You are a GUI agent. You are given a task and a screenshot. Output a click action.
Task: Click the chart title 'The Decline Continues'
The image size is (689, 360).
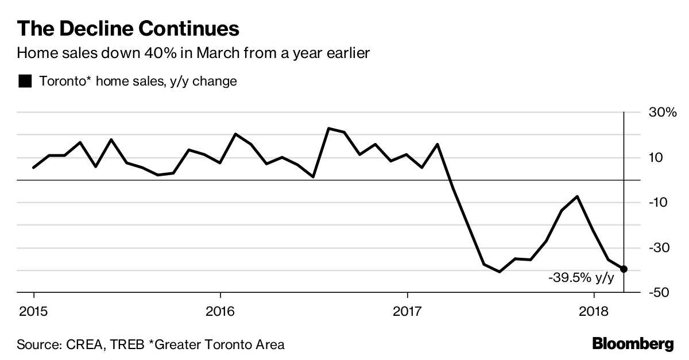click(128, 29)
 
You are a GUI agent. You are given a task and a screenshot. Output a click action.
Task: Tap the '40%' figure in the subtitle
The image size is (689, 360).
click(159, 53)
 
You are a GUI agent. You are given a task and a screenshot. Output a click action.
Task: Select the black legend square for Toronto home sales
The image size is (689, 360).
click(25, 82)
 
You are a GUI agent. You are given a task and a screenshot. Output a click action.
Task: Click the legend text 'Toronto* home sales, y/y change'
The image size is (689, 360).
click(138, 82)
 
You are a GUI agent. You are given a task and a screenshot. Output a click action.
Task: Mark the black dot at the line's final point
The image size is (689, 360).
click(624, 269)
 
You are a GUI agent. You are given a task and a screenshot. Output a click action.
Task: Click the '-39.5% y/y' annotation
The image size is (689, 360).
click(581, 278)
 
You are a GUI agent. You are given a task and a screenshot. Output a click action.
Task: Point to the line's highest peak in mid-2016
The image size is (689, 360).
click(328, 128)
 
